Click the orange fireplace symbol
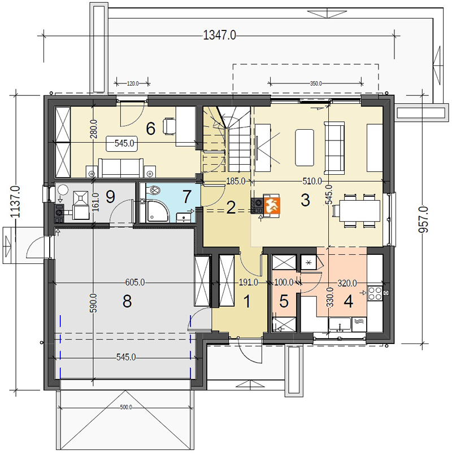click(x=272, y=206)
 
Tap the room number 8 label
click(x=127, y=301)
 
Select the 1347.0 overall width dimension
click(x=219, y=36)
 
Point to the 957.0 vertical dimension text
click(x=423, y=219)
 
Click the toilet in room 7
click(x=154, y=190)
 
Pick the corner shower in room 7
click(x=157, y=211)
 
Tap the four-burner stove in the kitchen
click(x=375, y=293)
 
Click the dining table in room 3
click(x=359, y=210)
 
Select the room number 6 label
click(x=150, y=128)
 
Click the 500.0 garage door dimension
click(x=126, y=407)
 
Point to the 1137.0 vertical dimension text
click(x=15, y=202)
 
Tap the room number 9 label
click(x=110, y=197)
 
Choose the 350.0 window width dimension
click(x=316, y=83)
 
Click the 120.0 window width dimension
click(x=133, y=83)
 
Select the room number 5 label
click(x=284, y=301)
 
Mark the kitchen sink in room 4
click(x=340, y=325)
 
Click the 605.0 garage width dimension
click(x=135, y=283)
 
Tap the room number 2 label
click(x=231, y=208)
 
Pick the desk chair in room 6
click(x=169, y=126)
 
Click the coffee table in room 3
click(x=305, y=148)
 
